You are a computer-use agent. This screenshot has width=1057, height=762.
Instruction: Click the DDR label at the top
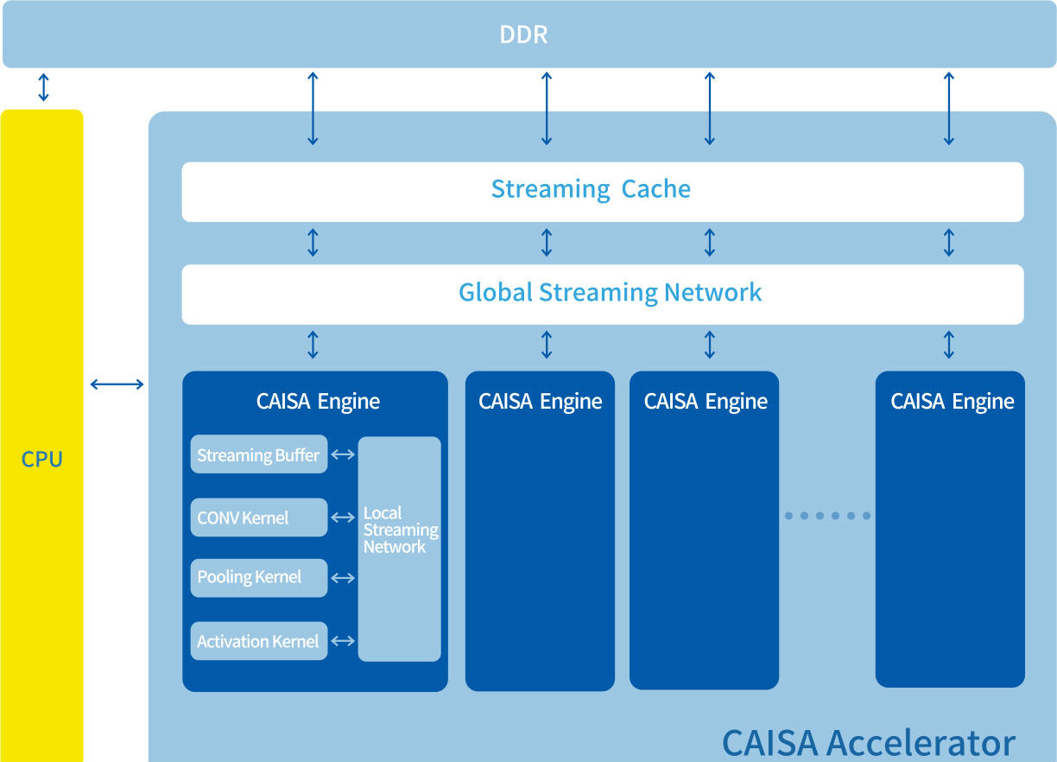523,35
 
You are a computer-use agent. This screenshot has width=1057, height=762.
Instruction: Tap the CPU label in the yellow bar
42,459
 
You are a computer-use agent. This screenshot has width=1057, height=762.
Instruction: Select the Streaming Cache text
591,189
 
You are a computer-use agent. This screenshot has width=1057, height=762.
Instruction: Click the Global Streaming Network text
611,293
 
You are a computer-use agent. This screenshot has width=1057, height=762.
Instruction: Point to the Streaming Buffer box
258,454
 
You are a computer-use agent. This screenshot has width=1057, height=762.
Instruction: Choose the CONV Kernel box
258,518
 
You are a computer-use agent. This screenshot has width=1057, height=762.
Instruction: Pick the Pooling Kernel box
258,578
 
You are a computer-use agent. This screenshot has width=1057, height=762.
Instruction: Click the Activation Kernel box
258,641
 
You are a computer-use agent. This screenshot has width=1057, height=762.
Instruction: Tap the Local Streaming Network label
401,530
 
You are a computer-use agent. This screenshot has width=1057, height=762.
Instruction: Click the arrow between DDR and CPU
43,87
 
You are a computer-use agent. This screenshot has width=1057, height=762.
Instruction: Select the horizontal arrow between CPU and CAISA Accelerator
117,384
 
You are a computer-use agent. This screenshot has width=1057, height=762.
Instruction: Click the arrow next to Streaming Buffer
343,454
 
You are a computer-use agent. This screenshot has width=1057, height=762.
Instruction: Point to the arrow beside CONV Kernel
343,518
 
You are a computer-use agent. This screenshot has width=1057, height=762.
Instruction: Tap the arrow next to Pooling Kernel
343,578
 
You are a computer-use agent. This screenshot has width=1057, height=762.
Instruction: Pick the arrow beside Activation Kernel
343,641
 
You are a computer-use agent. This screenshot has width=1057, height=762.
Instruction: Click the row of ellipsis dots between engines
827,516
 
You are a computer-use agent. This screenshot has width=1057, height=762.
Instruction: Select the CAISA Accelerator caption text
869,743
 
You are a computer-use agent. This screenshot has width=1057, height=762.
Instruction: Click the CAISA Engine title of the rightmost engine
953,402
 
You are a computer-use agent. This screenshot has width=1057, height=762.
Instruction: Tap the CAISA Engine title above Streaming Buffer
318,402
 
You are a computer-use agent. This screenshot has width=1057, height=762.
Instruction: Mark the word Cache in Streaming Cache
656,189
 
